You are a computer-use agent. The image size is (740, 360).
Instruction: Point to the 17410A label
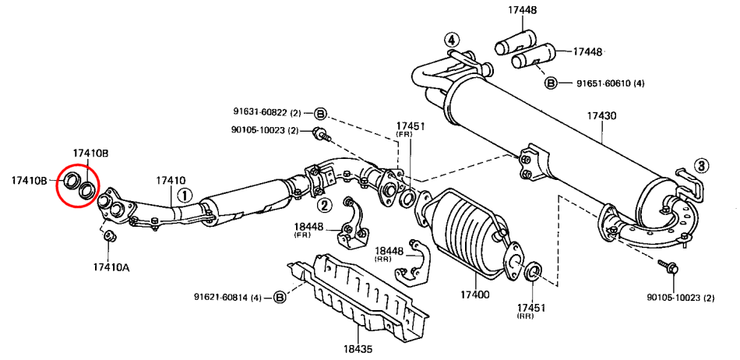coord(111,266)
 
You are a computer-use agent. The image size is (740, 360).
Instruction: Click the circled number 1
coord(184,195)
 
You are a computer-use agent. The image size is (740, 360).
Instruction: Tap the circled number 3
coord(702,164)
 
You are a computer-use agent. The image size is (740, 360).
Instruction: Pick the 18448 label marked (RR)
coord(389,252)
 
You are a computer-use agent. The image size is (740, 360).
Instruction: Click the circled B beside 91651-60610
coord(551,83)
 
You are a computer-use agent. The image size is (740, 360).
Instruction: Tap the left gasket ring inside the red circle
coord(69,182)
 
